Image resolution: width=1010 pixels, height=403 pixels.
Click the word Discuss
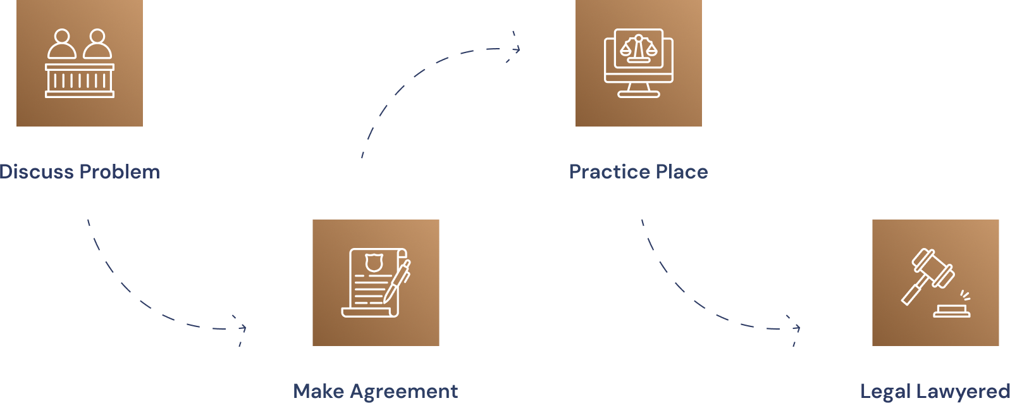click(37, 171)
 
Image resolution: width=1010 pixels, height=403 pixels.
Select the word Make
click(319, 391)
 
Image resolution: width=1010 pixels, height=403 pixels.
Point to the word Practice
click(610, 171)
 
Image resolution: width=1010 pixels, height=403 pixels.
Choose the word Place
click(682, 171)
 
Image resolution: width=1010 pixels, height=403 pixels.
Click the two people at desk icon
click(80, 63)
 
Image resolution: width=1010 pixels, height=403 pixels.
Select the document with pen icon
click(376, 283)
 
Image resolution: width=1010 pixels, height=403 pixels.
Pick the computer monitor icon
click(639, 63)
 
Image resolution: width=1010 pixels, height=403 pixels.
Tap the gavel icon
click(935, 283)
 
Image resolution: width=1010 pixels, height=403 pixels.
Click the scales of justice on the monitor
click(639, 48)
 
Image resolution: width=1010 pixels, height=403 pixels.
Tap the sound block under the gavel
click(952, 311)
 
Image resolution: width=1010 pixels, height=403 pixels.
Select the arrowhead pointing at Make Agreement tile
click(243, 328)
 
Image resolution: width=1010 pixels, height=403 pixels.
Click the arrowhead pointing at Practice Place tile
click(517, 49)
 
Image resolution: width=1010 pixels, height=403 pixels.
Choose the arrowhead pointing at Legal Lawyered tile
click(797, 328)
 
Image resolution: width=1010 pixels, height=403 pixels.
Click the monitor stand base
click(639, 95)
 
